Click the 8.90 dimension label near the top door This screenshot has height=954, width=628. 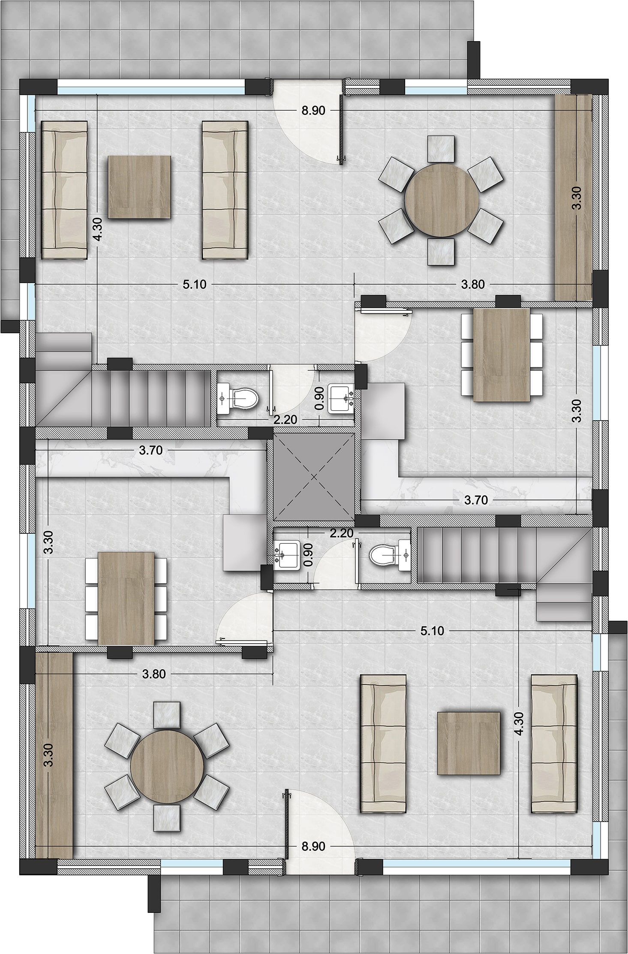[x=313, y=111]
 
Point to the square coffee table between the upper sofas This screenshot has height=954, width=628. [x=139, y=187]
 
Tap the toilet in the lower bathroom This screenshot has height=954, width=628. [x=383, y=556]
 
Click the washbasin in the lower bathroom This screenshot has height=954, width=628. [x=287, y=556]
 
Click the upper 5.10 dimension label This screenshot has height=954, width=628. [x=195, y=284]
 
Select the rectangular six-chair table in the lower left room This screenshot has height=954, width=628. [x=126, y=599]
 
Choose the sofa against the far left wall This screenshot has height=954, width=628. [x=64, y=190]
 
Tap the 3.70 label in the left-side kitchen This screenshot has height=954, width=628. [x=151, y=450]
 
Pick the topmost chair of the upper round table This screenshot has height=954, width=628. [x=441, y=149]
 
